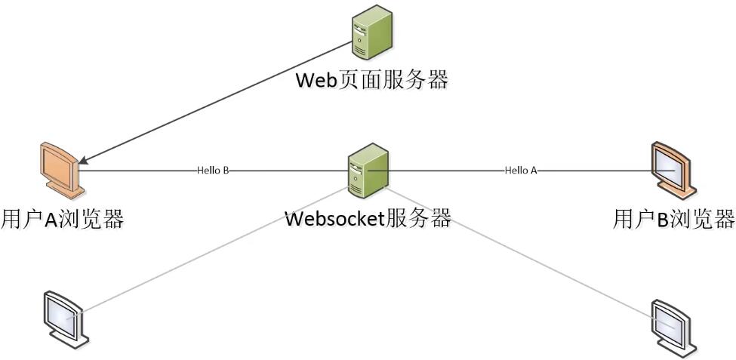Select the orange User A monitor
[x=60, y=168]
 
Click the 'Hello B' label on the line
[x=213, y=171]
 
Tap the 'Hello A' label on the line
[x=521, y=171]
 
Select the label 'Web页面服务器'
[x=371, y=79]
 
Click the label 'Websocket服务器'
[x=368, y=219]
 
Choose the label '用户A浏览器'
[x=63, y=219]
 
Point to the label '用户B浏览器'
[x=673, y=219]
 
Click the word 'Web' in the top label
[x=316, y=79]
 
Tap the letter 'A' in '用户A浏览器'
[x=51, y=220]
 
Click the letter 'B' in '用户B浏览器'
[x=662, y=220]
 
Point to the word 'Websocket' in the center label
[x=335, y=219]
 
